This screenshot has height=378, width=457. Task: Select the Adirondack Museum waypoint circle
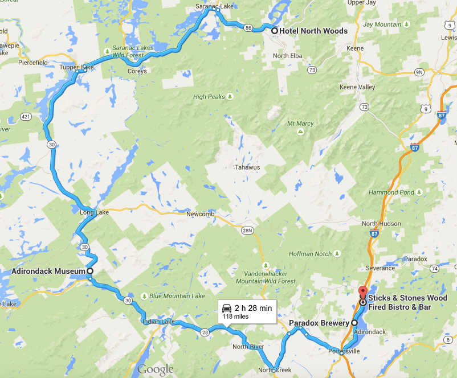(89, 271)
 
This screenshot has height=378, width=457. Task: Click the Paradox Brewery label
(319, 323)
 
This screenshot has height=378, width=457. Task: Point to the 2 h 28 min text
(253, 308)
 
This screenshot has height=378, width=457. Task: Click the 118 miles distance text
(235, 317)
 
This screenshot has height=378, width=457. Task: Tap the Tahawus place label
(247, 167)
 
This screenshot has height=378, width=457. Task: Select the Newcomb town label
(199, 214)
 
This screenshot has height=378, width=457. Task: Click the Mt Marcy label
(300, 124)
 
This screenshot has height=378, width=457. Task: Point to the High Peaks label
(209, 97)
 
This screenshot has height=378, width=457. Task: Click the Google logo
(154, 369)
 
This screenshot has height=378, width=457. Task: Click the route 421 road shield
(26, 116)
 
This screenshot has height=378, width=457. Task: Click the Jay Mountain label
(382, 24)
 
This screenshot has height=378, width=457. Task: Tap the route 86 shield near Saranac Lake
(248, 27)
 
